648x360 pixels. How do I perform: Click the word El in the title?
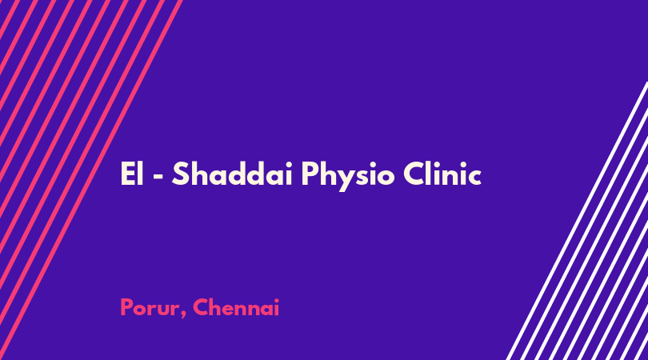click(132, 174)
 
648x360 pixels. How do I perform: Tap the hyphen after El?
click(158, 177)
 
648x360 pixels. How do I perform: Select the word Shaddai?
click(233, 174)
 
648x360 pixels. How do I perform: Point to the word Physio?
click(348, 177)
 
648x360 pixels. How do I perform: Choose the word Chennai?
click(236, 308)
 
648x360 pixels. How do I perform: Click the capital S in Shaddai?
click(180, 174)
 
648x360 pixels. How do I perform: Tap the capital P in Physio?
click(310, 174)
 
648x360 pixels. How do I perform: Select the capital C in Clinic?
click(414, 174)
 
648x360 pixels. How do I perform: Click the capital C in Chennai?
click(201, 308)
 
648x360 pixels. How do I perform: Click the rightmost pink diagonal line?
click(91, 180)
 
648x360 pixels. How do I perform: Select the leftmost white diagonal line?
click(578, 221)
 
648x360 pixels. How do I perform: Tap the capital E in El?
click(128, 174)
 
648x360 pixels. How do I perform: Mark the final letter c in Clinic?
click(474, 178)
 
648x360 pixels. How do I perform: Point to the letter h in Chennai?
click(218, 307)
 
